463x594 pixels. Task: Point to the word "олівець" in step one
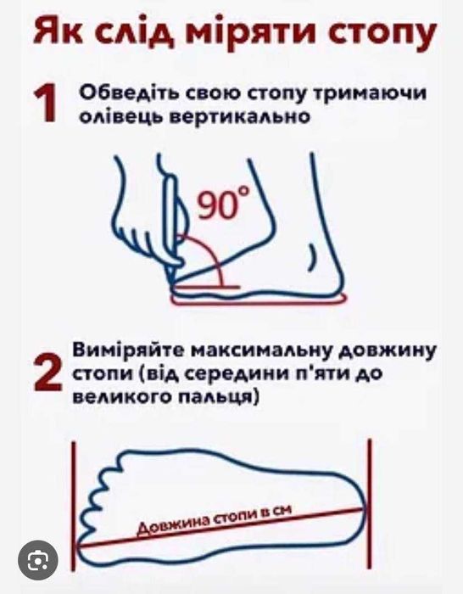pos(115,120)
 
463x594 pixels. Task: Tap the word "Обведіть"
pos(123,94)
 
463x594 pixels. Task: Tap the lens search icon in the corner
pos(37,561)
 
